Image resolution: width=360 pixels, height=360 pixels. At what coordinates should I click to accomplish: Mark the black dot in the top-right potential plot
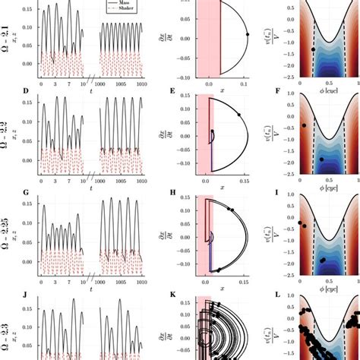click(x=313, y=49)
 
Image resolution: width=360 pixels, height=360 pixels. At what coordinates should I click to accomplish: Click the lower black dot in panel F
click(x=321, y=159)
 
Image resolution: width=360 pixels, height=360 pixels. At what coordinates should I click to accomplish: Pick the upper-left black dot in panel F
click(x=304, y=125)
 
